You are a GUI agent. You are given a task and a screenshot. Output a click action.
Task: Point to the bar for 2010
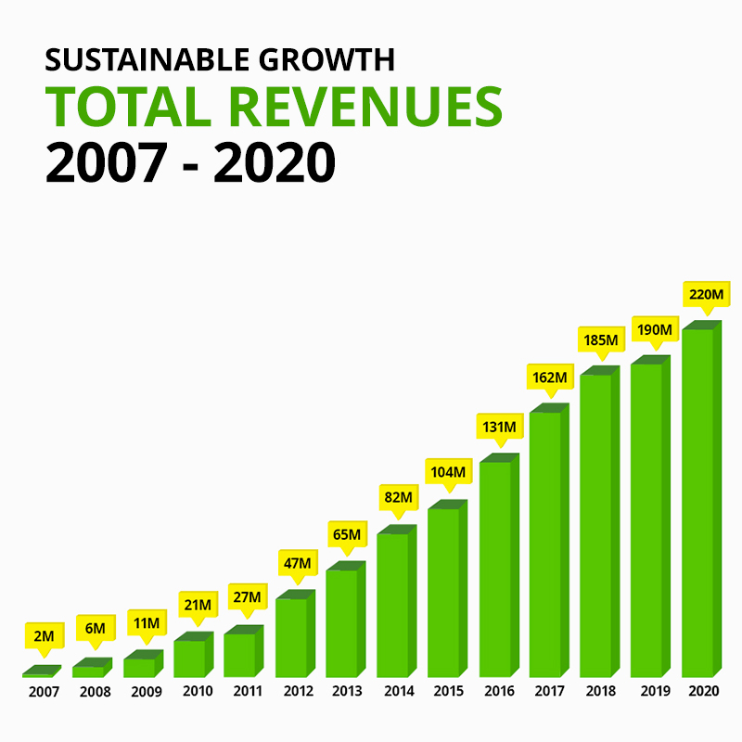click(x=189, y=658)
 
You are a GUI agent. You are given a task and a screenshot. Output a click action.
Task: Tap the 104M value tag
click(x=450, y=471)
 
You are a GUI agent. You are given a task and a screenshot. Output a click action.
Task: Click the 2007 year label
click(x=43, y=692)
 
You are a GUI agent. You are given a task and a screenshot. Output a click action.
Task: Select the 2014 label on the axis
click(x=399, y=692)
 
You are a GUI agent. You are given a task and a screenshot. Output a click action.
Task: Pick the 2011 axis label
click(x=247, y=692)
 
